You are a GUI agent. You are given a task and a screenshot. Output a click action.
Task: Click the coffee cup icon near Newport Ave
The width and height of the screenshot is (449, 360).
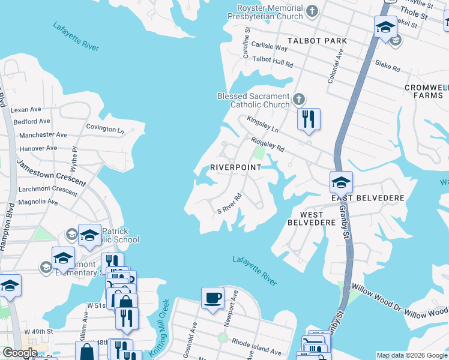tap(212, 298)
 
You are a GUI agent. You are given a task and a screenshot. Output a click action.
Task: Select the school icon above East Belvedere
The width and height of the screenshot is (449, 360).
tap(340, 181)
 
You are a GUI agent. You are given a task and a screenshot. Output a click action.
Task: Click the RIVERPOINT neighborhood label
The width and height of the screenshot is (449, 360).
tap(236, 167)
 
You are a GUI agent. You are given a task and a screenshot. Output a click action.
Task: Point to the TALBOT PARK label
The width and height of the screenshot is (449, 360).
tap(317, 41)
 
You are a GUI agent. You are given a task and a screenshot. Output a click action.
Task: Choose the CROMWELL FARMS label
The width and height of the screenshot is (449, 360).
tap(426, 91)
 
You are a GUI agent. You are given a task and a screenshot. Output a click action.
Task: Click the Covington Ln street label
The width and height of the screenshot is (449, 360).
tap(104, 128)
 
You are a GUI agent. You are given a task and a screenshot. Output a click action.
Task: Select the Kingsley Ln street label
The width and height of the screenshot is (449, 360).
tap(263, 125)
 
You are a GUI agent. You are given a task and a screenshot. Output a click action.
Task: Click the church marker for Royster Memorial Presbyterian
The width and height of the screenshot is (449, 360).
tap(312, 11)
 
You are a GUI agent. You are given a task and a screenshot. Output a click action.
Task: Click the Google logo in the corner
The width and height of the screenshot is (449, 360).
tap(19, 353)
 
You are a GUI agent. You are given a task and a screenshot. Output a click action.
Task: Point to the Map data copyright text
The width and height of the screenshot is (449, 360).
tap(412, 355)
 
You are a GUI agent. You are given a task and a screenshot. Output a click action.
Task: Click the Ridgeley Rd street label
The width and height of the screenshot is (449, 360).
tap(267, 144)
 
